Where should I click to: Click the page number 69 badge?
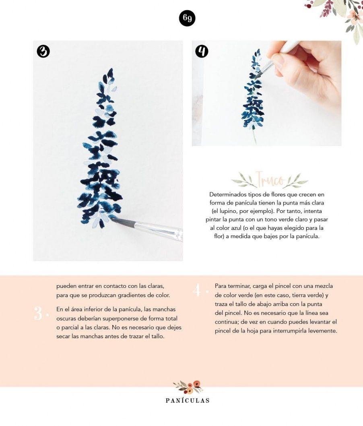(187, 19)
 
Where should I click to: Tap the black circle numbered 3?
(43, 52)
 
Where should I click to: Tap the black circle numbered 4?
(202, 52)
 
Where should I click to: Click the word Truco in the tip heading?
(270, 179)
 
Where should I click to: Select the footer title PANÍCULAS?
(188, 401)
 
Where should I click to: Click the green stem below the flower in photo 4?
(254, 136)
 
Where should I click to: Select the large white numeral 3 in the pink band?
(38, 313)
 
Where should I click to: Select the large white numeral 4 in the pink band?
(197, 290)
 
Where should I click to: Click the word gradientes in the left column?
(129, 295)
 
